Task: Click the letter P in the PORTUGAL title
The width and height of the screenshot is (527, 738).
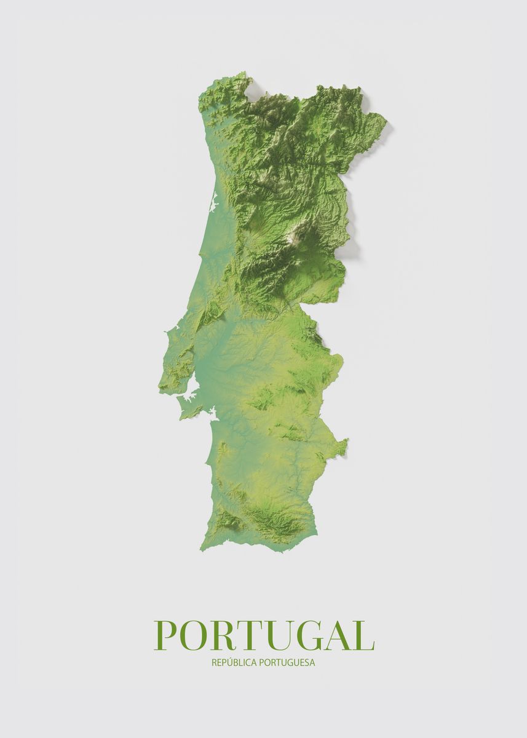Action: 166,635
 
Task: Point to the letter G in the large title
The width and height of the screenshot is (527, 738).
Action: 310,635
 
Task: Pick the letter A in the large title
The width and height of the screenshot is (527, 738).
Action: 339,635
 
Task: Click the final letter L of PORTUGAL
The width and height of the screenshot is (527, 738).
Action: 363,635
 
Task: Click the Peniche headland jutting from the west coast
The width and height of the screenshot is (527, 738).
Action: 166,335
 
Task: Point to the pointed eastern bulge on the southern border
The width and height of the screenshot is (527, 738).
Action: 347,440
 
